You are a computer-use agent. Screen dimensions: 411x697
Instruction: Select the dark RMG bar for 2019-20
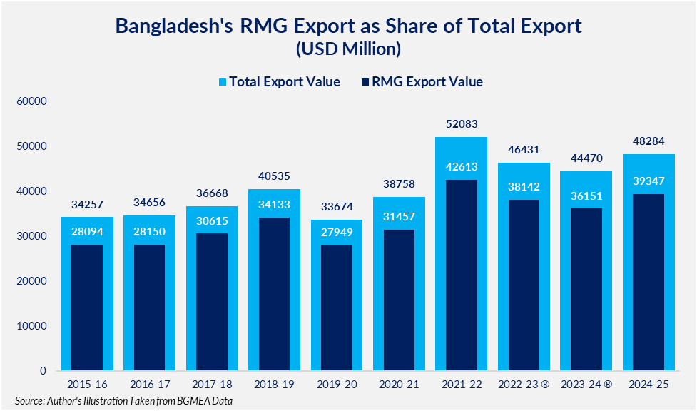[x=336, y=308]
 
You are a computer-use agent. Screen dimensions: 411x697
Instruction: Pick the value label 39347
[x=648, y=181]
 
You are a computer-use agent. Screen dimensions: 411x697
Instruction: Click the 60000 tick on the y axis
[x=32, y=101]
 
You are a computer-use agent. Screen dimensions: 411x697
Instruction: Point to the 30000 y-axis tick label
[x=32, y=236]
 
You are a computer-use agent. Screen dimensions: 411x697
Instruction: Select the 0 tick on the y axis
[x=43, y=371]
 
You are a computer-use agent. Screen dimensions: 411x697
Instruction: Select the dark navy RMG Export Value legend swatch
[x=367, y=82]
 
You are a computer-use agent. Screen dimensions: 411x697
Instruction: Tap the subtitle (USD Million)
[x=348, y=49]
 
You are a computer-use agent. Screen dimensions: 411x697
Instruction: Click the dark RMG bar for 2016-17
[x=149, y=308]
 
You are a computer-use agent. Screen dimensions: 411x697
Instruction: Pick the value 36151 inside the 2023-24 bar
[x=586, y=196]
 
